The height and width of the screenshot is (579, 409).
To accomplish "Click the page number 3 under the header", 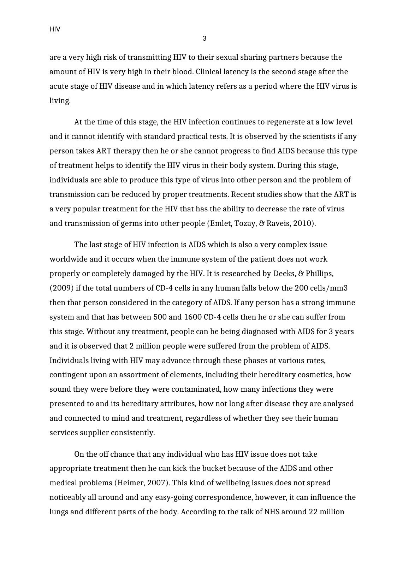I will [x=204, y=39].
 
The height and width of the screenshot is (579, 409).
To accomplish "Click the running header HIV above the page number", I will [x=55, y=29].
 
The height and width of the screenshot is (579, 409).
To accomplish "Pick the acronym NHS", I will [x=272, y=512].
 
